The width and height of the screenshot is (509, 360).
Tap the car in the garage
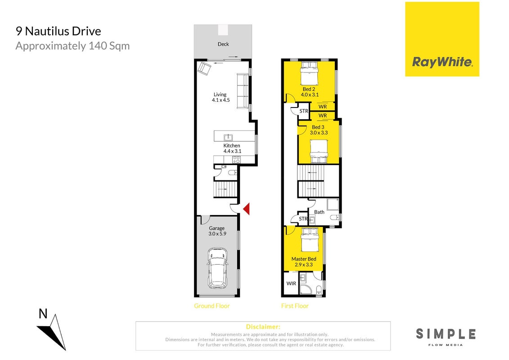pyautogui.click(x=217, y=269)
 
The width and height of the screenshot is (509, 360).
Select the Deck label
pyautogui.click(x=223, y=44)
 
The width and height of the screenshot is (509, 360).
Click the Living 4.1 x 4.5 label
pyautogui.click(x=221, y=97)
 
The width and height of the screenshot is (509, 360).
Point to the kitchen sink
pyautogui.click(x=228, y=137)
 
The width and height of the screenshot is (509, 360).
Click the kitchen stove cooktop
pyautogui.click(x=236, y=160)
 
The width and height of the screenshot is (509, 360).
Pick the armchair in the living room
pyautogui.click(x=204, y=68)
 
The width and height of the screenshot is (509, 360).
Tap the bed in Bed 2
pyautogui.click(x=309, y=73)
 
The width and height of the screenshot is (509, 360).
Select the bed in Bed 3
pyautogui.click(x=319, y=151)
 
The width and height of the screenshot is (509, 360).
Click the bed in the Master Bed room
pyautogui.click(x=309, y=240)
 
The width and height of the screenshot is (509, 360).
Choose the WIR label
pyautogui.click(x=291, y=283)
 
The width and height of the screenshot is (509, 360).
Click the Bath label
pyautogui.click(x=319, y=212)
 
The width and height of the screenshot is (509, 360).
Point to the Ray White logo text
pyautogui.click(x=442, y=62)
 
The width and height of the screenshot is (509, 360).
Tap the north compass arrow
pyautogui.click(x=54, y=332)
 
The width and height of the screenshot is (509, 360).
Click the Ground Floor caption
pyautogui.click(x=212, y=306)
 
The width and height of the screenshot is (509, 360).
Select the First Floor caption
pyautogui.click(x=295, y=306)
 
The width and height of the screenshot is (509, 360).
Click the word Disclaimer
pyautogui.click(x=263, y=327)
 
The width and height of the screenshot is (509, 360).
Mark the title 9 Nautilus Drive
pyautogui.click(x=59, y=31)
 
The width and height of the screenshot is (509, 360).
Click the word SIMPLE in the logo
pyautogui.click(x=446, y=334)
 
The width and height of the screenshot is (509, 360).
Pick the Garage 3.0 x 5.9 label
pyautogui.click(x=217, y=231)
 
